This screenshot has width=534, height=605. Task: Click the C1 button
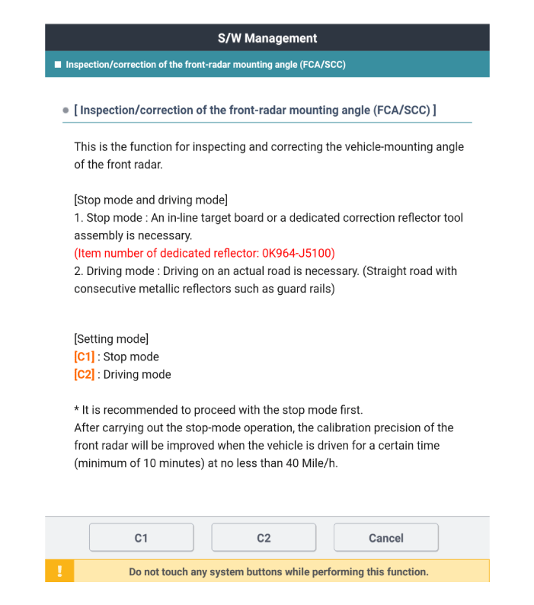(x=141, y=538)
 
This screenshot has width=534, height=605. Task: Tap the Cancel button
(x=385, y=538)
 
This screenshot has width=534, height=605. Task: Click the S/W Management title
(x=267, y=38)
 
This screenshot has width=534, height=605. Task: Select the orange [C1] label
(x=84, y=357)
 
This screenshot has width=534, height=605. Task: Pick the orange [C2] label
(x=84, y=375)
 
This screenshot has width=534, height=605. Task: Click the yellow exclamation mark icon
(x=59, y=571)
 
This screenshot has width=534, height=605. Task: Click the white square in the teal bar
(x=58, y=65)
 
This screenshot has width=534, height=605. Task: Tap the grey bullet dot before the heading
(x=66, y=110)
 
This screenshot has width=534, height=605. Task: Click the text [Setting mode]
(x=111, y=338)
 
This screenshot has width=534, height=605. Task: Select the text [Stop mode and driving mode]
(x=151, y=200)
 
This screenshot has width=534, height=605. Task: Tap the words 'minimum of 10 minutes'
(x=140, y=463)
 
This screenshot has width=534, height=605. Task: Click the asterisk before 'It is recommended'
(x=76, y=410)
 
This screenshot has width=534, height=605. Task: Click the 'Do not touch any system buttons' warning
(x=278, y=571)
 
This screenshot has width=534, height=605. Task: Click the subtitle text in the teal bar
(x=206, y=65)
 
